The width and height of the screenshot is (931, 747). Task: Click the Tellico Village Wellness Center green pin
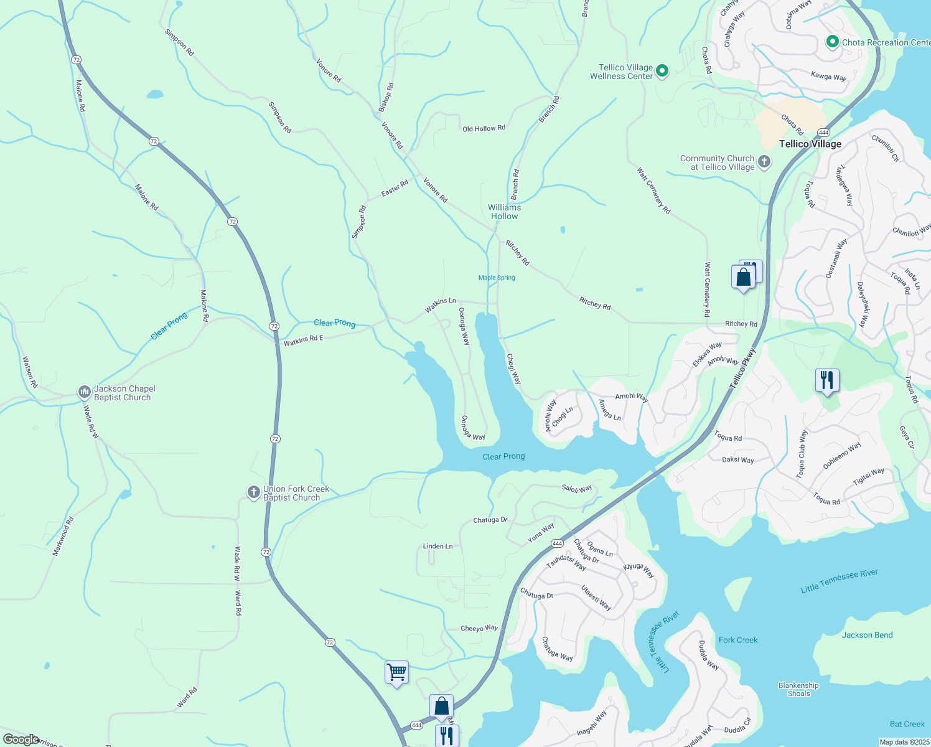coord(662,71)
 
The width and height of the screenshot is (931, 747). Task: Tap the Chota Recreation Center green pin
coord(832,42)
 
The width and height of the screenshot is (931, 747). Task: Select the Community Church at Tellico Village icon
coord(764,162)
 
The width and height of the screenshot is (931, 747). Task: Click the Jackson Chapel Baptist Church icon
coord(84,392)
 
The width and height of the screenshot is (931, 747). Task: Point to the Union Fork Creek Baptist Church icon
coord(253,492)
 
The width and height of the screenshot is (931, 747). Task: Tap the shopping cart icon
coord(396,672)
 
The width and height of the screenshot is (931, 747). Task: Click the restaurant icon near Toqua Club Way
coord(827,380)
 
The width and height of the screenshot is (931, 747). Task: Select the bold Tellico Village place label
coord(810,144)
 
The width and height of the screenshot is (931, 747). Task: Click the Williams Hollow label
coord(504,212)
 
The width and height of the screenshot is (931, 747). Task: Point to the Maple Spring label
coord(497,278)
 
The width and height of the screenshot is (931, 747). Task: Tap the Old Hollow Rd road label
coord(484,128)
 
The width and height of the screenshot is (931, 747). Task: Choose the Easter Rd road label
coord(395,187)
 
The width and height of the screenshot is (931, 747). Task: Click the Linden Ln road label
coord(437,546)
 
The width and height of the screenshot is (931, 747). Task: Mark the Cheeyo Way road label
coord(479,628)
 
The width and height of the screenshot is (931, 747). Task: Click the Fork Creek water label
coord(738,640)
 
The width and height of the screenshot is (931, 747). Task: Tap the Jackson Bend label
coord(867,635)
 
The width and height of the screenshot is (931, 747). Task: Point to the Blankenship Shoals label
coord(798,689)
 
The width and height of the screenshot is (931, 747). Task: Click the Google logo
coord(21,740)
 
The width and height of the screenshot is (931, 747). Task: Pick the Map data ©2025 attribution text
coord(904,742)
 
